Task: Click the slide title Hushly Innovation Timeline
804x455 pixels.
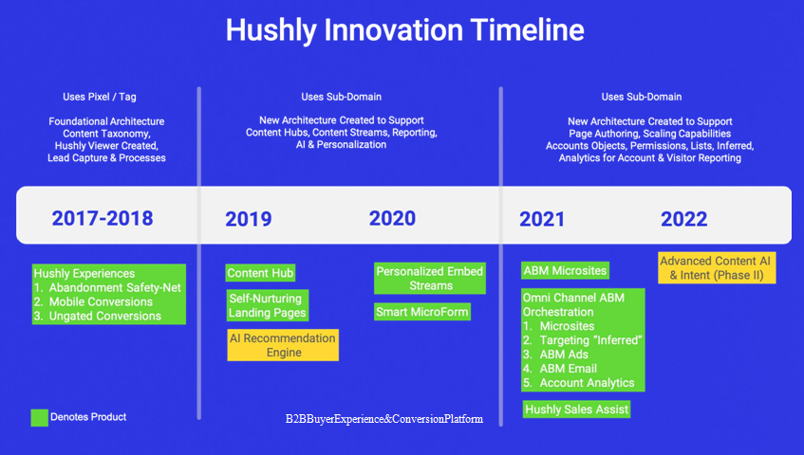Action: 404,30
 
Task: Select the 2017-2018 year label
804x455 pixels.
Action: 103,219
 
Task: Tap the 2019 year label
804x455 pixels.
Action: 249,219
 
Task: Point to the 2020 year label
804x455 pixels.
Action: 392,218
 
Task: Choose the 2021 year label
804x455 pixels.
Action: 542,219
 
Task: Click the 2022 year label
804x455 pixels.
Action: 684,219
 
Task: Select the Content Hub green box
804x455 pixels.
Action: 260,273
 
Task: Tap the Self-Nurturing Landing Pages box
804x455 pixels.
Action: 268,305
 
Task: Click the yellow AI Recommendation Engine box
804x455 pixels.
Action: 283,345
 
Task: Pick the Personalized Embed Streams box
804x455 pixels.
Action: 430,279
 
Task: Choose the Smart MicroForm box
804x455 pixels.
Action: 422,312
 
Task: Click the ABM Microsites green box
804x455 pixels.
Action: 565,270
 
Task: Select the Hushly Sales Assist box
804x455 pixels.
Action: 576,409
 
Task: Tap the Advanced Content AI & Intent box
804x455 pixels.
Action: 717,267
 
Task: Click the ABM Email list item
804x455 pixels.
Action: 560,369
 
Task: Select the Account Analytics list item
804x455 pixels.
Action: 579,383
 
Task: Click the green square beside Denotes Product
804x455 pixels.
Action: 40,418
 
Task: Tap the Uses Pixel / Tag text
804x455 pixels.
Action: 100,97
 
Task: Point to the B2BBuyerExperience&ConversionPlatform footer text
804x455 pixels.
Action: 384,419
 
